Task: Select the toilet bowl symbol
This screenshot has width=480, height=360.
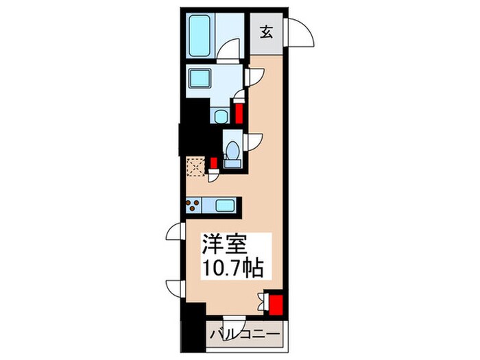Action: [232, 149]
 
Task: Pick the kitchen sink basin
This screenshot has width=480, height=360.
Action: [224, 204]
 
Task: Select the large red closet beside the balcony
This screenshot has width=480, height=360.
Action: [276, 304]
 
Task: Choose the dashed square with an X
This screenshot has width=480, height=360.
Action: [195, 165]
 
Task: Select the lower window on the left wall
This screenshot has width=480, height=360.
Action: [175, 287]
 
